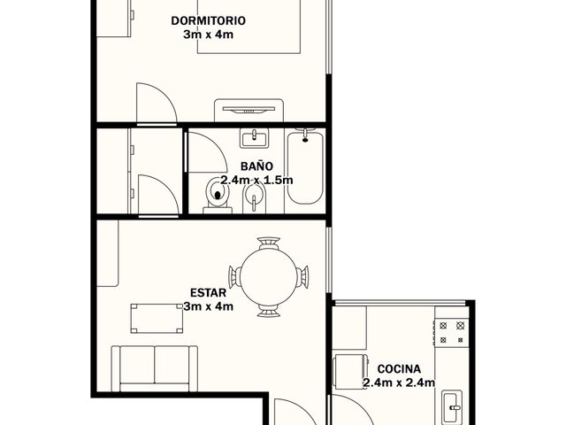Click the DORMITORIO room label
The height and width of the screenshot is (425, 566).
tap(209, 20)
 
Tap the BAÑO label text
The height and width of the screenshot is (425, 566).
tap(256, 166)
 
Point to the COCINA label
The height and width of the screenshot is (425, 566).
tap(399, 369)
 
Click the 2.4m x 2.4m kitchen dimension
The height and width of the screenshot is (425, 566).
tap(399, 382)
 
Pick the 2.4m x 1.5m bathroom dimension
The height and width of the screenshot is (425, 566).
tap(256, 180)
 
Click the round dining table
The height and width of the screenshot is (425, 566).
tap(269, 277)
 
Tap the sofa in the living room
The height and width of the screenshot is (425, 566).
tap(155, 368)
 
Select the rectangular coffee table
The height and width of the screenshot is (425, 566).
tap(157, 318)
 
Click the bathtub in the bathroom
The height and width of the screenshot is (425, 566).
tap(305, 167)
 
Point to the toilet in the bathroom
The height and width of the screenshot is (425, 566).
tap(218, 197)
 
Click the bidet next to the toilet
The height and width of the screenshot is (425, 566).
tap(255, 198)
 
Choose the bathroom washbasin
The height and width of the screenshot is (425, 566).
tap(255, 138)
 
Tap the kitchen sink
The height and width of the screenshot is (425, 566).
tap(452, 406)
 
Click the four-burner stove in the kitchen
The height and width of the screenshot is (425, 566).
tap(452, 333)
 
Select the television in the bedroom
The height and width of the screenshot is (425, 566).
tap(249, 110)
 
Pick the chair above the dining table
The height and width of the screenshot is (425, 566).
tap(269, 243)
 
